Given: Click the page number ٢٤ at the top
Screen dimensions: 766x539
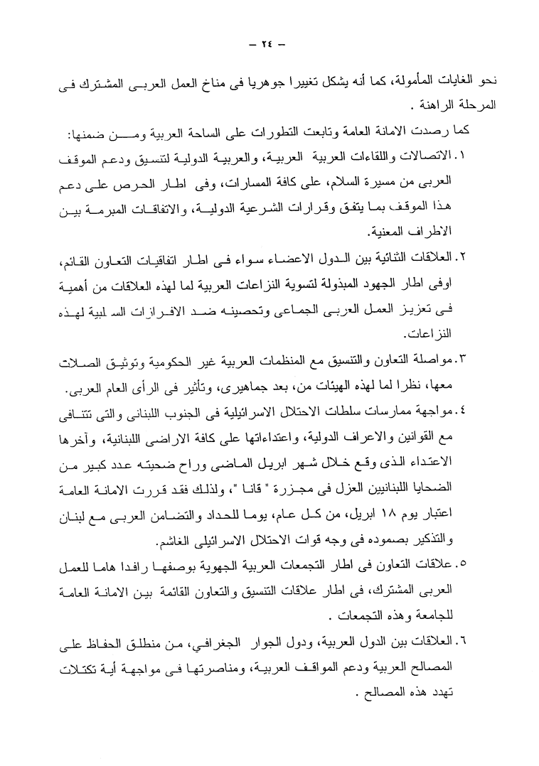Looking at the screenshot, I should [x=269, y=43].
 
